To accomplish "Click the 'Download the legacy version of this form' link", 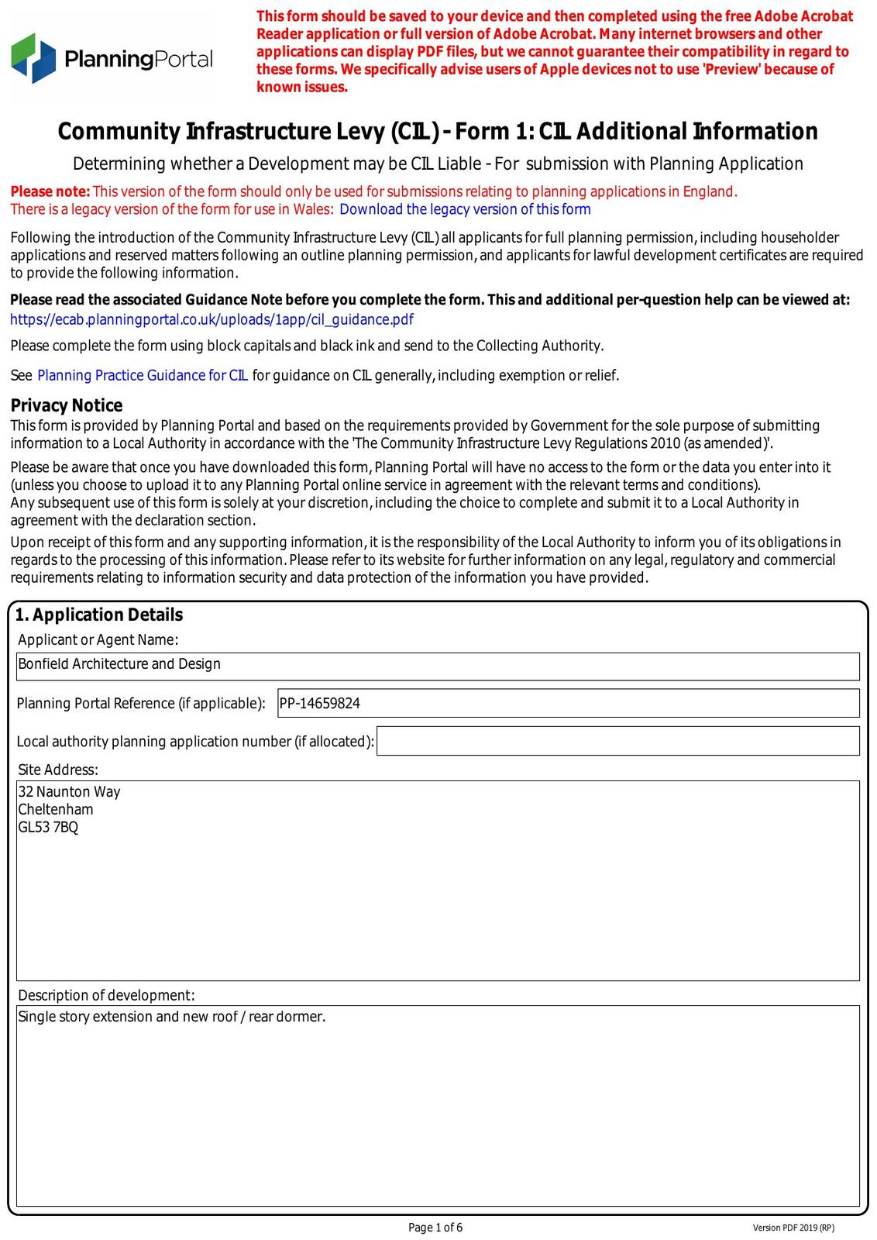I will click(465, 209).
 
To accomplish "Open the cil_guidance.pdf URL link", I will click(212, 319).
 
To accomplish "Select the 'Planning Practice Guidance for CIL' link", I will click(143, 376).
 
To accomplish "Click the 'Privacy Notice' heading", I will click(67, 405).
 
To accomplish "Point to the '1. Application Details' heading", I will click(99, 615).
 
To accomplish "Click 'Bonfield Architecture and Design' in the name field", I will click(119, 664).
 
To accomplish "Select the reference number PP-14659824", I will click(320, 704).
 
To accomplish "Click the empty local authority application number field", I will click(617, 741).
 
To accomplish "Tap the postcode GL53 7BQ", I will click(48, 828).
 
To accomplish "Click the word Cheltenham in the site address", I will click(56, 810).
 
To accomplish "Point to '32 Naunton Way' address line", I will click(69, 792).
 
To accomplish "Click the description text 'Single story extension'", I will click(85, 1017).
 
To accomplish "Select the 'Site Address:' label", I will click(58, 770).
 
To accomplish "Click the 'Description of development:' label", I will click(106, 995).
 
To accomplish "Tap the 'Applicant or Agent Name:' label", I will click(98, 640).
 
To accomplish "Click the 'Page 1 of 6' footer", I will click(435, 1228).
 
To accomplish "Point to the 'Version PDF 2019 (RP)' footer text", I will click(793, 1228).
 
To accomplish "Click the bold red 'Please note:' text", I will click(50, 192).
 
